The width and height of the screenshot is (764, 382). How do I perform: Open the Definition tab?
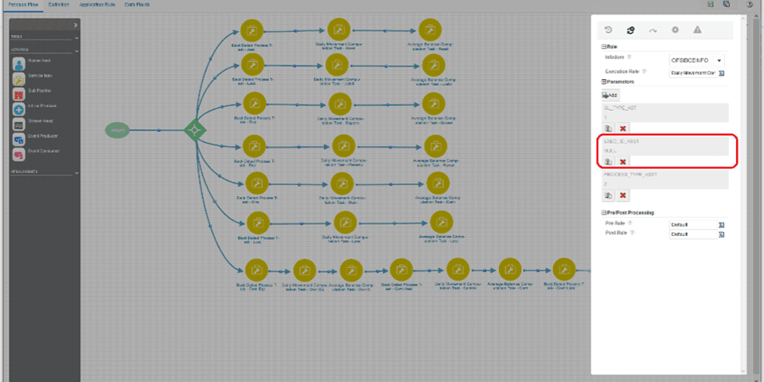[58, 4]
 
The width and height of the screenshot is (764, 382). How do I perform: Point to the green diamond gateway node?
[193, 130]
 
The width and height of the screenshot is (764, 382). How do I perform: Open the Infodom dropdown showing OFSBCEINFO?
[696, 60]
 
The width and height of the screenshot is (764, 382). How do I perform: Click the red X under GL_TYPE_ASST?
[623, 128]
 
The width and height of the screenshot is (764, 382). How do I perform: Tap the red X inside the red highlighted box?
[623, 162]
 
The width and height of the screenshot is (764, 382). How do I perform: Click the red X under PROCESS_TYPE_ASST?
[623, 195]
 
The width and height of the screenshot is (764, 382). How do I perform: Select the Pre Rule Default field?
[691, 225]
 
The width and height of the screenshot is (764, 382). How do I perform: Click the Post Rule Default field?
[691, 234]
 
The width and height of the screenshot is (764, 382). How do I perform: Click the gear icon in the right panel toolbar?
[675, 30]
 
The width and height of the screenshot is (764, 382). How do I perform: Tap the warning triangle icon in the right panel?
[697, 30]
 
